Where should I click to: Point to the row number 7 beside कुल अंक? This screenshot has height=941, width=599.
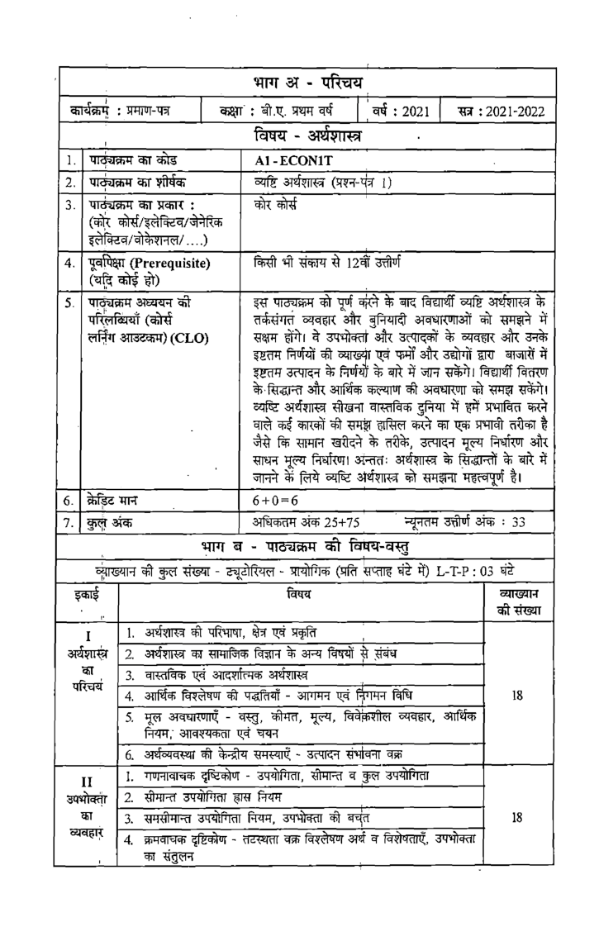point(72,522)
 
